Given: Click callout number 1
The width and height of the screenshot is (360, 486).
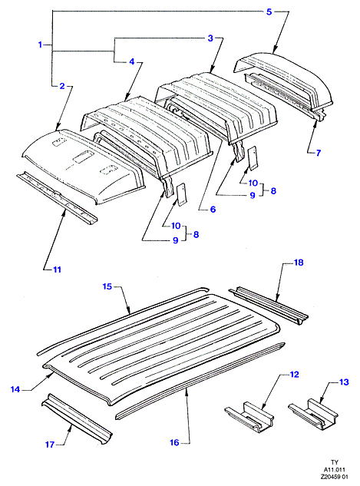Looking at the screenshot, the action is [x=40, y=45].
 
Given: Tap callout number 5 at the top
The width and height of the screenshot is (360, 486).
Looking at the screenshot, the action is [x=269, y=12].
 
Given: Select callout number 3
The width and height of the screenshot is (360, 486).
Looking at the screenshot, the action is [x=210, y=38].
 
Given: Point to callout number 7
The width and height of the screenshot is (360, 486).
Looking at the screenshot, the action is [x=319, y=153].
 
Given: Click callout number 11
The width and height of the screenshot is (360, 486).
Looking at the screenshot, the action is [x=57, y=269].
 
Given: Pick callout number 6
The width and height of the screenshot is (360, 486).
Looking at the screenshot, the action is [x=213, y=210].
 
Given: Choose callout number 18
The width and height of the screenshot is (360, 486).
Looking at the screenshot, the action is [x=299, y=263].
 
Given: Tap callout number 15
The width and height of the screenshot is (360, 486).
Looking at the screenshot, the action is [x=107, y=286].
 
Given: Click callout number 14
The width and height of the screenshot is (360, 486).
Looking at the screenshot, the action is [x=15, y=389].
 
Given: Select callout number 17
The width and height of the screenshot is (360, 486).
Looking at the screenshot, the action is [x=50, y=445].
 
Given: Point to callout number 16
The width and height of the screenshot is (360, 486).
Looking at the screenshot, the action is [x=174, y=442].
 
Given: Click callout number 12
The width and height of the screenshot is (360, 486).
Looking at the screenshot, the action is [x=294, y=375].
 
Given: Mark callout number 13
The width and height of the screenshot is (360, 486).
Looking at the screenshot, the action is [x=344, y=382].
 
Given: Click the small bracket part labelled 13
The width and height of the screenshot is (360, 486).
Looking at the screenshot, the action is [x=313, y=415].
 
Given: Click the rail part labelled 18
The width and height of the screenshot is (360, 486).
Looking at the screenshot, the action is [x=269, y=306].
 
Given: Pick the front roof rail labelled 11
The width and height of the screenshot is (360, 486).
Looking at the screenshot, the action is [x=57, y=198].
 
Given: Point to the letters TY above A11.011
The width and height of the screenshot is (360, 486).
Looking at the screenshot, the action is [x=335, y=462].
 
